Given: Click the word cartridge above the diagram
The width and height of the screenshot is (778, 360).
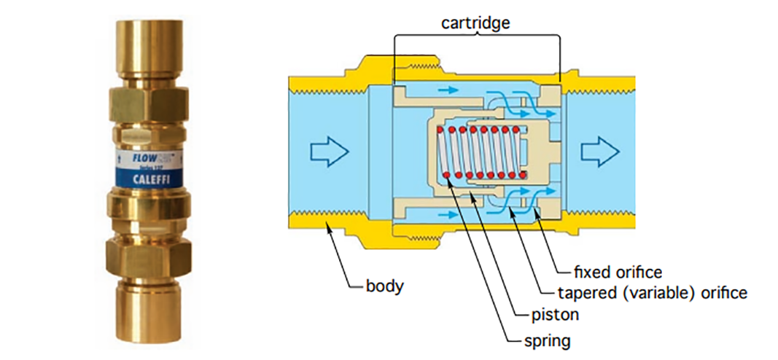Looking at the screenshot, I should (475, 23).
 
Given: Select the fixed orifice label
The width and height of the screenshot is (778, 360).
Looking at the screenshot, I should (618, 273).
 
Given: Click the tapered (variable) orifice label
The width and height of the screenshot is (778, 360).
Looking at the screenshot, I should (653, 294).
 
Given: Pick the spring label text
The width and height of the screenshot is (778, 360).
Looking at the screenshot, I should (547, 340).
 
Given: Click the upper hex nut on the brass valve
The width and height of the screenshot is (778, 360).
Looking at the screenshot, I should (148, 103).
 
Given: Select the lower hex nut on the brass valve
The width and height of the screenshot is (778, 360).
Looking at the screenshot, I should (148, 254).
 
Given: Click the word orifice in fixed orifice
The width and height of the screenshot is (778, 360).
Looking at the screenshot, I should (638, 273).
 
